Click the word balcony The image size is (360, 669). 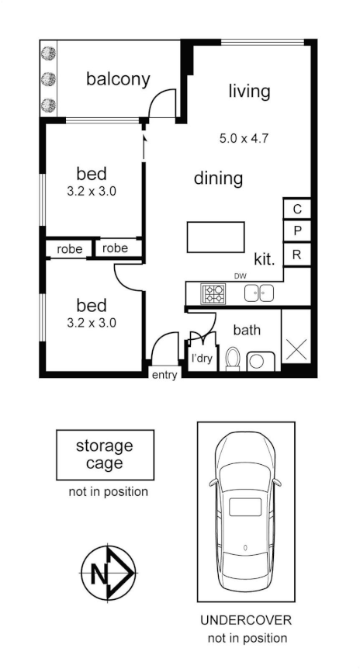tap(117, 79)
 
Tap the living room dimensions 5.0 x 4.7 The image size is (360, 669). tap(244, 140)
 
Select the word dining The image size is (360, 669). tap(218, 179)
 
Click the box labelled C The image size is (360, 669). tap(297, 210)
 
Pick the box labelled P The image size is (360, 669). tap(297, 231)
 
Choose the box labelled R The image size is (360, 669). tap(297, 254)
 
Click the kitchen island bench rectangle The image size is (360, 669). tap(215, 237)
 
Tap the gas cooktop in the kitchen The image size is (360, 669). tap(213, 293)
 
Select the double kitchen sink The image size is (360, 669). tap(258, 293)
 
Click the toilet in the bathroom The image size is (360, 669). tap(233, 359)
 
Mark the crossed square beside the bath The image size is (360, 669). tap(297, 348)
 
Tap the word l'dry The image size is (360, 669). tap(202, 359)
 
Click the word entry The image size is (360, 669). tap(164, 376)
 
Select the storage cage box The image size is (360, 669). tap(105, 456)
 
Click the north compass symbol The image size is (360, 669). tap(108, 574)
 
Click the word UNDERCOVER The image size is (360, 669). tap(246, 622)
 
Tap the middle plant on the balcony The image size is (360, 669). tap(49, 78)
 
